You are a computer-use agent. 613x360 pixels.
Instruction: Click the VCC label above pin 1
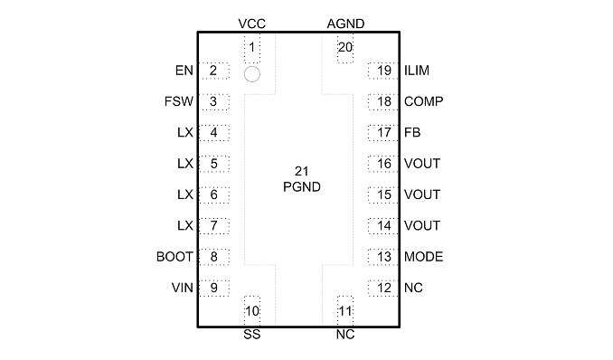click(251, 24)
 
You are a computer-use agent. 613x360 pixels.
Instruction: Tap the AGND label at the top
click(345, 24)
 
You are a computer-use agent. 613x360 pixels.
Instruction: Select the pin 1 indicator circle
click(251, 74)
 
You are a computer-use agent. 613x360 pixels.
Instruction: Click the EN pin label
click(184, 71)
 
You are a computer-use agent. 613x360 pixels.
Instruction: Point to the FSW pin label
click(179, 101)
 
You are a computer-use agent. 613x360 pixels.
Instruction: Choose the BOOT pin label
click(174, 257)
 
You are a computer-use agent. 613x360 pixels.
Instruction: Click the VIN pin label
click(182, 288)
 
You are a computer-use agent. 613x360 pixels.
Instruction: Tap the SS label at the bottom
click(251, 335)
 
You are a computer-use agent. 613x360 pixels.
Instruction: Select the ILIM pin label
click(417, 71)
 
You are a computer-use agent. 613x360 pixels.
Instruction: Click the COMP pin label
click(424, 101)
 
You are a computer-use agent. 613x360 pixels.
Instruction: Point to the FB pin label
click(412, 133)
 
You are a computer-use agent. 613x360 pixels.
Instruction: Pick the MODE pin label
click(424, 257)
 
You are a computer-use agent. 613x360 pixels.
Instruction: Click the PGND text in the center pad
click(302, 187)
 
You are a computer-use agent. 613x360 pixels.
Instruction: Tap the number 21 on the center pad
click(301, 171)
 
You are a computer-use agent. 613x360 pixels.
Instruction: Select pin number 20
click(345, 47)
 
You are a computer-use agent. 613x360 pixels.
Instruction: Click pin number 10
click(252, 311)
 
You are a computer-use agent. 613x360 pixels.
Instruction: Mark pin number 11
click(345, 311)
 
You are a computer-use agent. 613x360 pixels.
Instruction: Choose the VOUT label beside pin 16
click(422, 164)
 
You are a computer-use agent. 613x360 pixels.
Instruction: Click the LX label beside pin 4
click(185, 133)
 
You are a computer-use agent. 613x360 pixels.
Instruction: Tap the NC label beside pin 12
click(413, 288)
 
